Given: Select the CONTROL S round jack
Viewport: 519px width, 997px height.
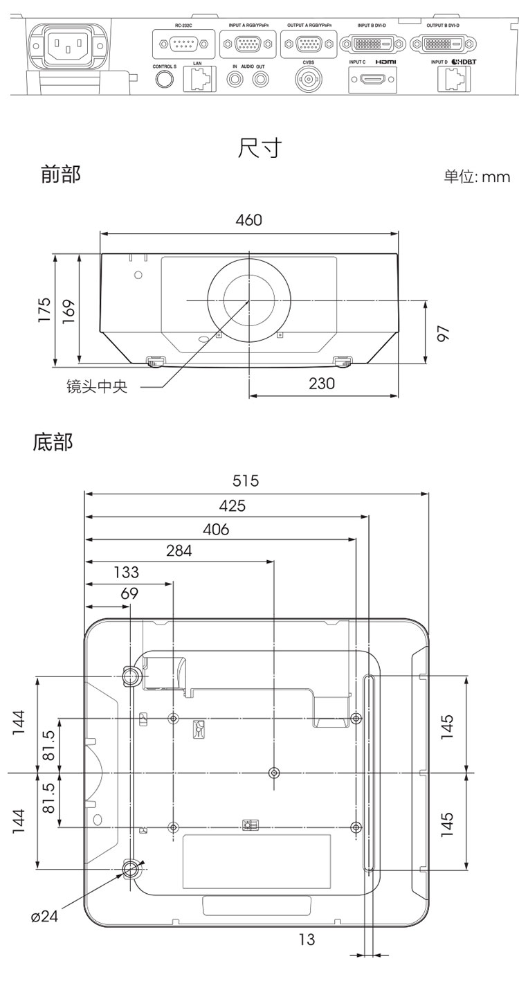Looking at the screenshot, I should pos(164,79).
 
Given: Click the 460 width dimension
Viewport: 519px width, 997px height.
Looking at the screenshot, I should pos(249,220).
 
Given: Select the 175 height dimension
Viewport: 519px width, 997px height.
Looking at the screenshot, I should pos(44,309).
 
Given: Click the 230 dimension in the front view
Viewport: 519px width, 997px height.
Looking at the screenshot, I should pos(321,383).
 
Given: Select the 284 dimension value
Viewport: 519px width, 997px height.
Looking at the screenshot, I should pos(179,551).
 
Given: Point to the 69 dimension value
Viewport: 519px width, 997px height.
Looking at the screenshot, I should pos(129,593).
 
